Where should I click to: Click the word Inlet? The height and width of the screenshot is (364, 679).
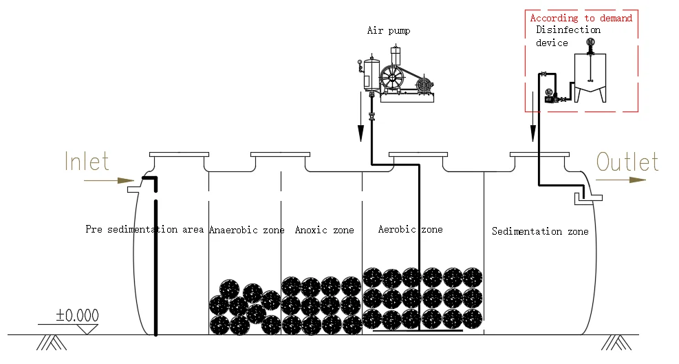tap(87, 162)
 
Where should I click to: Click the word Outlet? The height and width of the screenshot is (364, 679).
tap(627, 162)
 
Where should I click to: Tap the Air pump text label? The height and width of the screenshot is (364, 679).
tap(389, 31)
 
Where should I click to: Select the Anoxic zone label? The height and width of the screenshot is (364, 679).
tap(324, 230)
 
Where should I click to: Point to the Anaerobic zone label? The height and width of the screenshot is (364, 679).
tap(246, 230)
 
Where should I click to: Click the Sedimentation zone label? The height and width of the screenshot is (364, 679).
tap(540, 232)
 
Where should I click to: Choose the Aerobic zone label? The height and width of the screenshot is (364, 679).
tap(410, 229)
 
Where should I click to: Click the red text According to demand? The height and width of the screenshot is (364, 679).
tap(581, 19)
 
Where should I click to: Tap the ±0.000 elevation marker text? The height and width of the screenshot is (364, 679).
tap(77, 316)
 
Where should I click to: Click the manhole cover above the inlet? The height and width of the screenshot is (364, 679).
tap(179, 154)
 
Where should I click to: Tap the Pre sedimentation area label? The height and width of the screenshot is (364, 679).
tap(144, 229)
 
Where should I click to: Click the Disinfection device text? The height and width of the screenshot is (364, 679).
tap(568, 36)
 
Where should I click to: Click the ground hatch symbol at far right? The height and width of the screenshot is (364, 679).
tap(614, 342)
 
